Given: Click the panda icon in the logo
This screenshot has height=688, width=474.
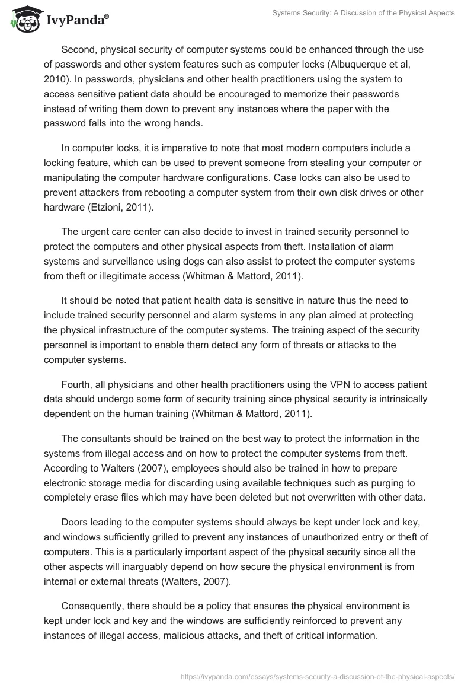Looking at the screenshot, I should pyautogui.click(x=24, y=20).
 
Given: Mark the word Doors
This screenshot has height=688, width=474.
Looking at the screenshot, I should pyautogui.click(x=74, y=523).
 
